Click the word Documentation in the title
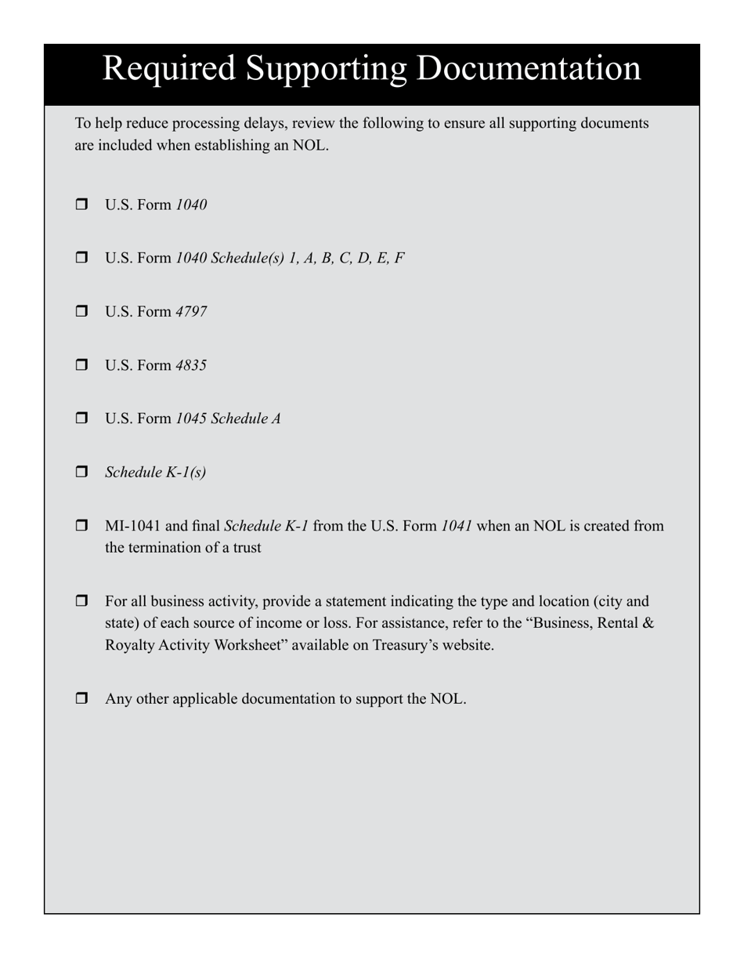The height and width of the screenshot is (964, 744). pos(529,69)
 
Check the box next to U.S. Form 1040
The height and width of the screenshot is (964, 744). pos(82,205)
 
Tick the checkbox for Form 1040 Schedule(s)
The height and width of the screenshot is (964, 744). pos(82,258)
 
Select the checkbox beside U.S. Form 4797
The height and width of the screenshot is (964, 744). pos(82,311)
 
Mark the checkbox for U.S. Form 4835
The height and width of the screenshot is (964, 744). pos(82,364)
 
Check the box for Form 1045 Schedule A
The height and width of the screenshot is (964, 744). pos(82,418)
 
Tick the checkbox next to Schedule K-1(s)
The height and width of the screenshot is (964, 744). pos(82,472)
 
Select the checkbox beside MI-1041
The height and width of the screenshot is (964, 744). pos(82,525)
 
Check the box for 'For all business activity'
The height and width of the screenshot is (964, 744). pos(82,601)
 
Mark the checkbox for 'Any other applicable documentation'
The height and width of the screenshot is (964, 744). pos(82,698)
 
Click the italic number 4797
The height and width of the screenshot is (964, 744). pos(191,312)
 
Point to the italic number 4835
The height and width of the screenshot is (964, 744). pos(191,365)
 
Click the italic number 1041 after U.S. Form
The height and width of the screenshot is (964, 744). pos(457,526)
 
